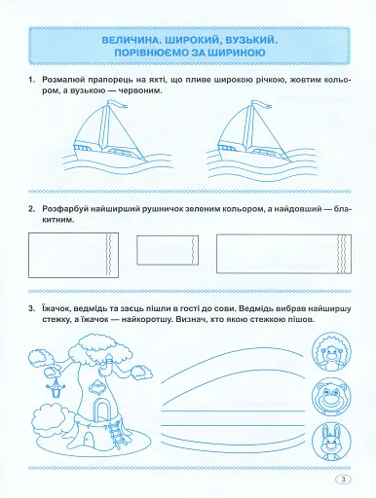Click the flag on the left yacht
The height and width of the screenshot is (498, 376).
[118, 103]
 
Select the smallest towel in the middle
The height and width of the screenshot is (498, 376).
[168, 250]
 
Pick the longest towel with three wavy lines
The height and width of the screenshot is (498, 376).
[283, 254]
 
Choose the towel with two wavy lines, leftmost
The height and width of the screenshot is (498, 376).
[73, 255]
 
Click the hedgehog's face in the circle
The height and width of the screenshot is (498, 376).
[331, 352]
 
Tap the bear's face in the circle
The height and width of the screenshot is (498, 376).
[331, 396]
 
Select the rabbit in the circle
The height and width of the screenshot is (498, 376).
[331, 441]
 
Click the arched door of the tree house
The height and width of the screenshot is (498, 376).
[100, 409]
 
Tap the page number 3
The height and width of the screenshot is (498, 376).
[344, 480]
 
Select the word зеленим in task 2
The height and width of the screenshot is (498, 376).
[201, 209]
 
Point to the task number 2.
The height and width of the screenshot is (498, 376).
[31, 209]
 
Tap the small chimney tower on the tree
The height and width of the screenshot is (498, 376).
[110, 364]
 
